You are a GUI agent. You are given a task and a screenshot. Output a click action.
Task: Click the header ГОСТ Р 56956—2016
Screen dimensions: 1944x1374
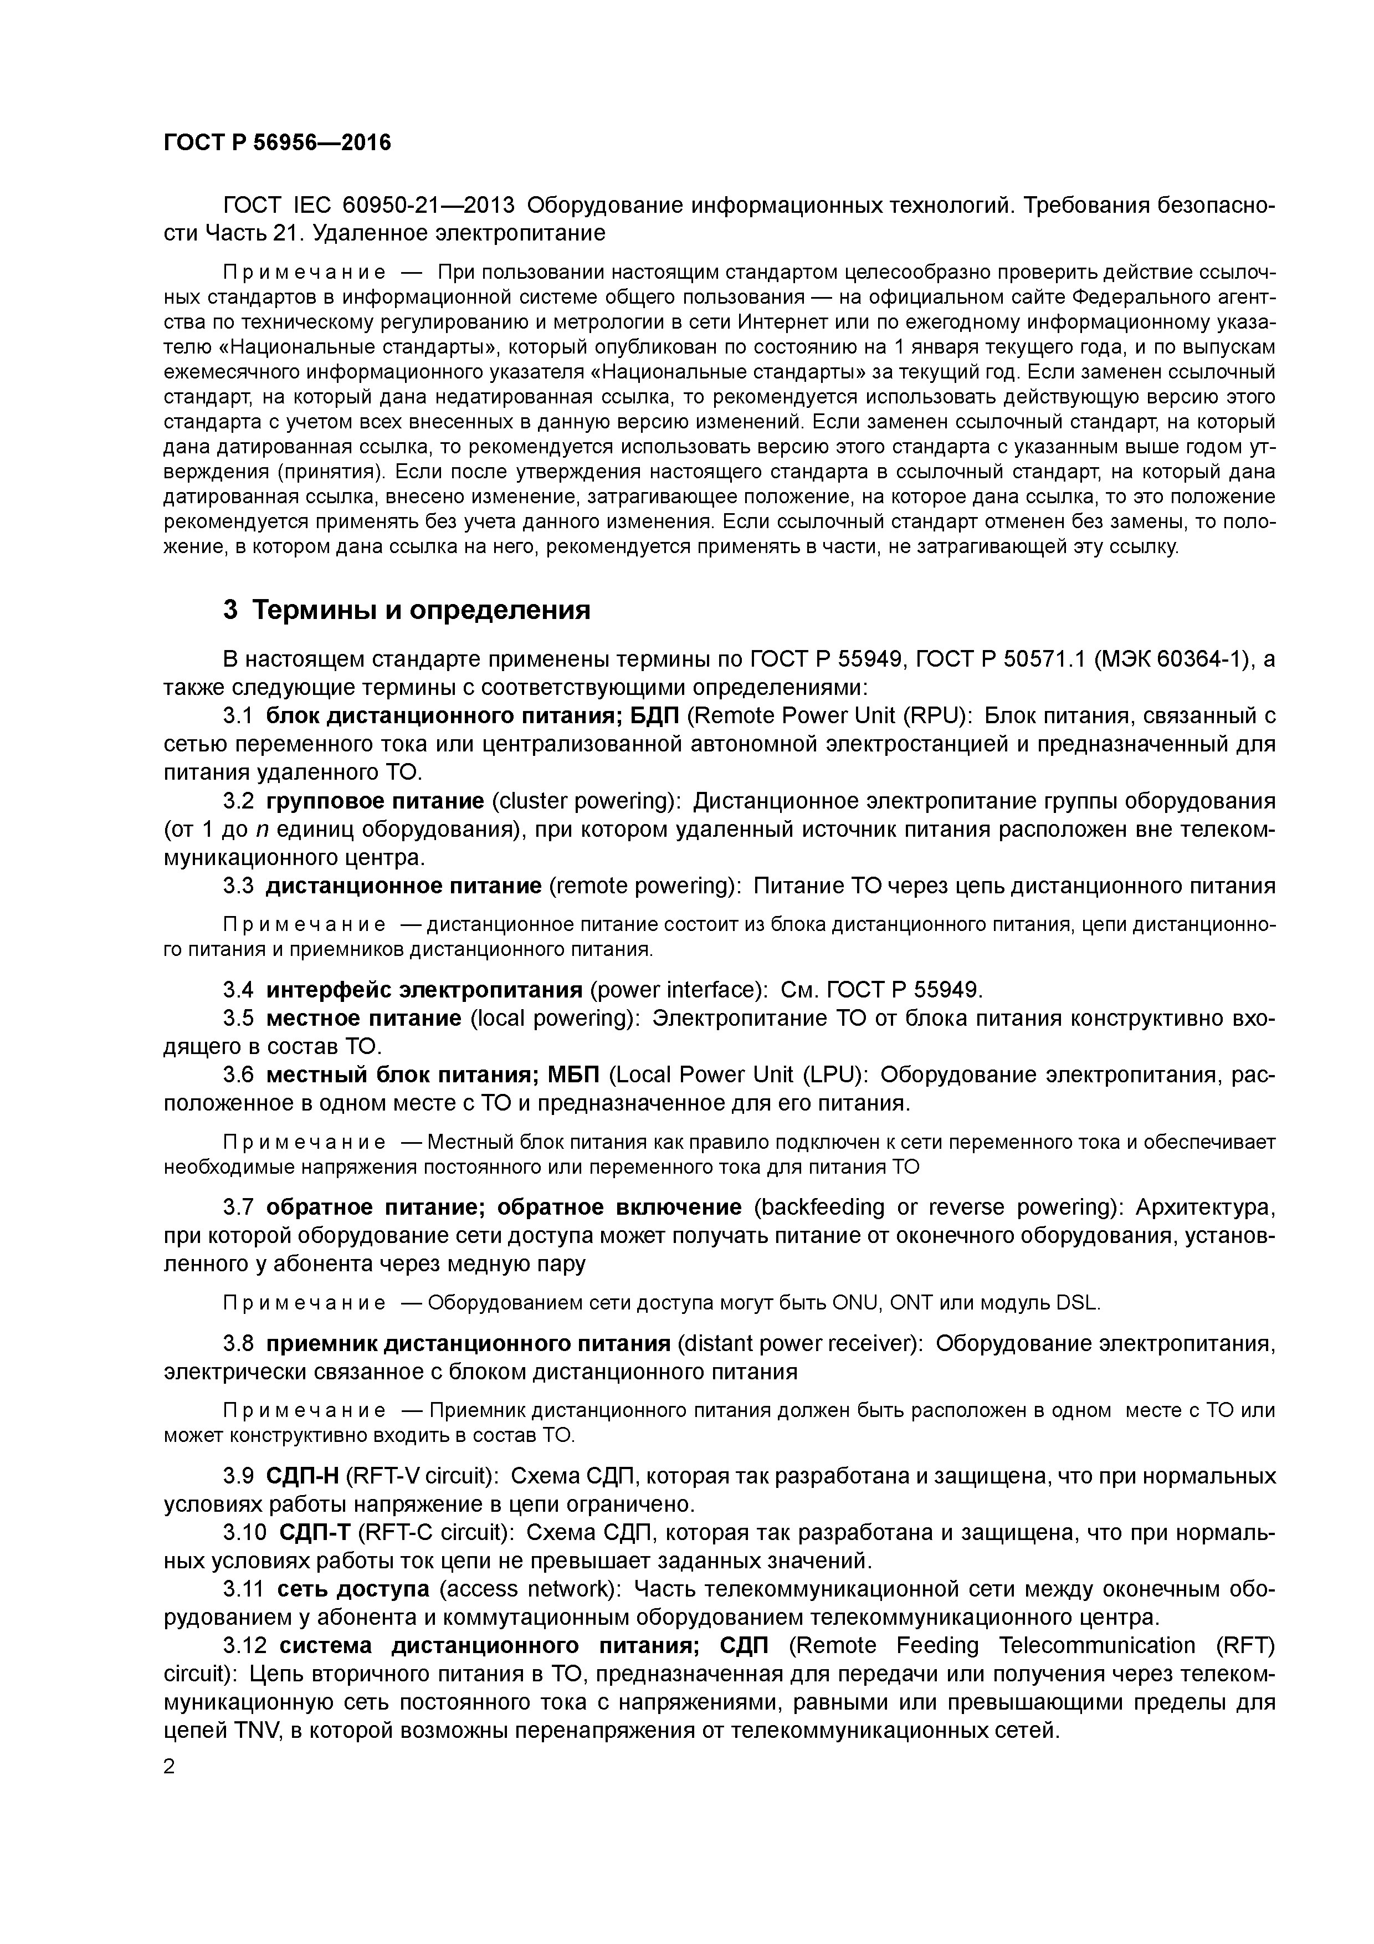tap(277, 142)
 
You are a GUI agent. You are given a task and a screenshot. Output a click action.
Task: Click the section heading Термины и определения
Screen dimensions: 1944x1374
tap(422, 610)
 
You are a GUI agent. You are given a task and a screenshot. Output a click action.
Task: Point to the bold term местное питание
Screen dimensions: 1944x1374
tap(364, 1018)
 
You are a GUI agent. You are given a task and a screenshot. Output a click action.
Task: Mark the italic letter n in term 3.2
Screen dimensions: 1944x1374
tap(262, 829)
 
